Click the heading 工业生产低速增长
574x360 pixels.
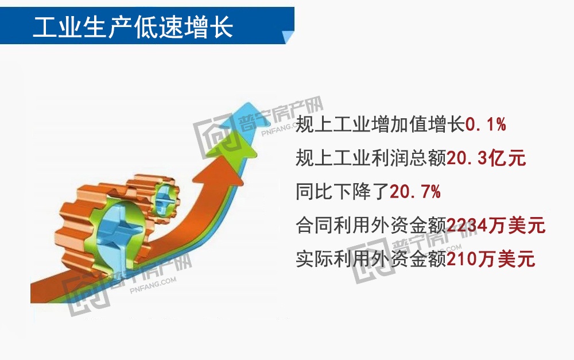coord(133,26)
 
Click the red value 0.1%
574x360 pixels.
coord(485,125)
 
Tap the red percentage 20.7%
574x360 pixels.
coord(415,192)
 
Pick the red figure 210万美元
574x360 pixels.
coord(491,259)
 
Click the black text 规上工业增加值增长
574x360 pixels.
coord(379,125)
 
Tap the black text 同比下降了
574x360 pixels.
coord(342,192)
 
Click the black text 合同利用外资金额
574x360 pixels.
coord(371,226)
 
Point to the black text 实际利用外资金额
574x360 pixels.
coord(371,259)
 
